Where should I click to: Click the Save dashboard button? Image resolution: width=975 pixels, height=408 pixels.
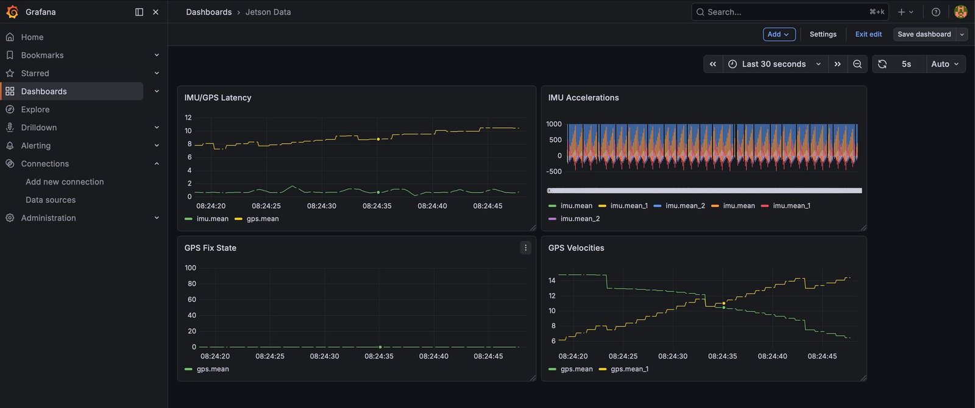(x=924, y=34)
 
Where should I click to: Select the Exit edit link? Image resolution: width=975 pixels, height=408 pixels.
(x=868, y=34)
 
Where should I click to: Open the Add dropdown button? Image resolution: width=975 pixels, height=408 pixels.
(x=779, y=34)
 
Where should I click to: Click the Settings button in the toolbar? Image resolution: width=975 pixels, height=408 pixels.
(x=823, y=34)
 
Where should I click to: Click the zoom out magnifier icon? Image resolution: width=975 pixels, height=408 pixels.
(x=857, y=64)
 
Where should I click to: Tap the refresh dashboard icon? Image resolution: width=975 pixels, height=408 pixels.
(x=882, y=64)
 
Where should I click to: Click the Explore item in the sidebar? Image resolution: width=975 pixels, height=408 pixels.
(x=35, y=109)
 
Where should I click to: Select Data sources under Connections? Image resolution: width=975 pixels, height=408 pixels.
(x=51, y=200)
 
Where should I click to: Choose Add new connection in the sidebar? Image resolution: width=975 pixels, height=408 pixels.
(x=65, y=181)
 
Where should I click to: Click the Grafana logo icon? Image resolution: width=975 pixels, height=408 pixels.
(x=12, y=12)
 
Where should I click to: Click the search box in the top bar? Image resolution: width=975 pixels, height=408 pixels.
(x=790, y=12)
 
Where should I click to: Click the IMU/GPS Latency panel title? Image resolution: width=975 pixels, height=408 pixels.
(x=218, y=97)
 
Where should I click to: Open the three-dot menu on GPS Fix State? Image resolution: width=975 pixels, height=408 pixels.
(x=525, y=248)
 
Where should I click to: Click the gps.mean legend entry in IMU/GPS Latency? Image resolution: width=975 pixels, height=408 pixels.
(x=257, y=219)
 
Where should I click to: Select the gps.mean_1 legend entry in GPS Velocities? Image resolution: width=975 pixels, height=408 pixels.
(x=624, y=369)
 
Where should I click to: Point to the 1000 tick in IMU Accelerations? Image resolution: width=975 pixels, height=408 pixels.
(x=554, y=124)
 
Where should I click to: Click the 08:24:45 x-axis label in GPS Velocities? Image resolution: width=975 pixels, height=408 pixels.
(x=822, y=356)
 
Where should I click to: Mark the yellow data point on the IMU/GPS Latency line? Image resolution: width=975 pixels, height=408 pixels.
(x=378, y=139)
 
